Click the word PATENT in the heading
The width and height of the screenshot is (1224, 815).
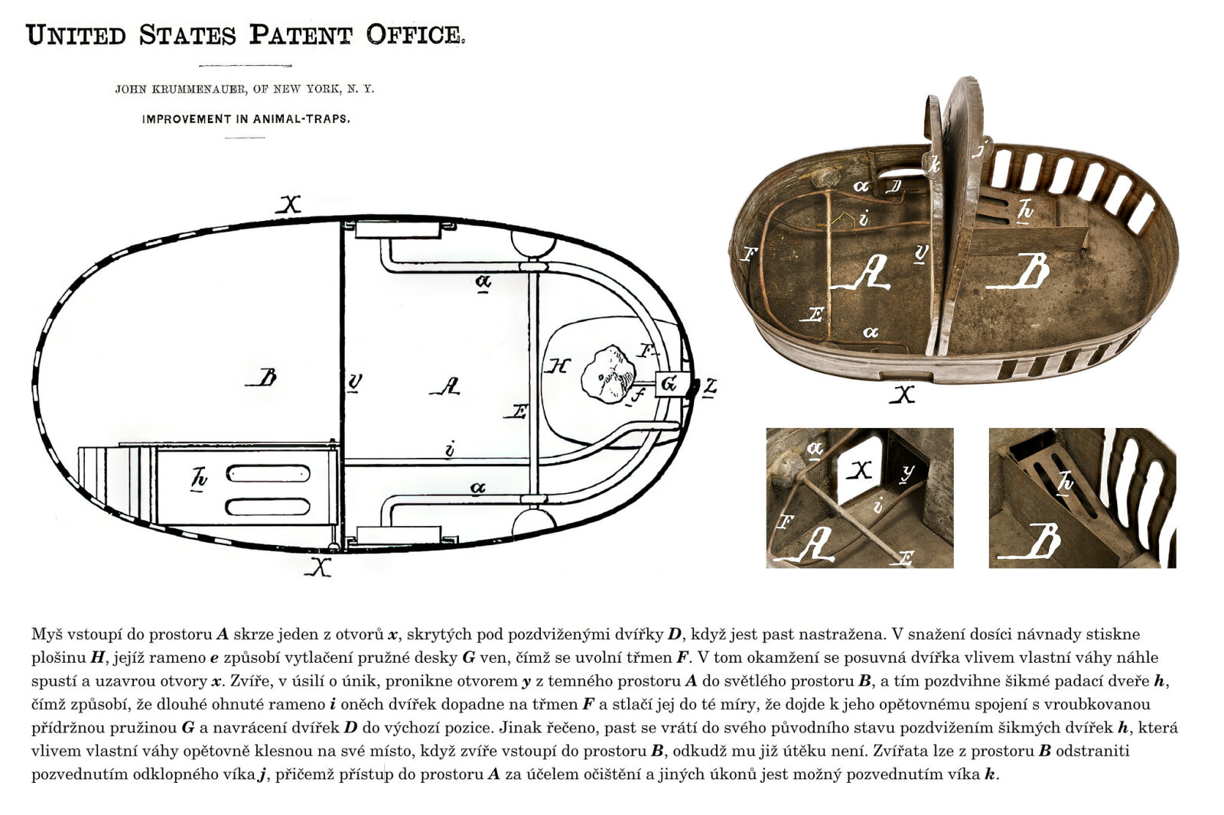[x=301, y=35]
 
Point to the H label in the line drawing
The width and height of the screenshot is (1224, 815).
[x=558, y=366]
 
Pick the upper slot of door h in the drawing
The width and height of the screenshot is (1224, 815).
[x=268, y=473]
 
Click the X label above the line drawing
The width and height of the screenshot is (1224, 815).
[x=289, y=205]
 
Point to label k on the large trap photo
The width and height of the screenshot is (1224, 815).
[x=934, y=164]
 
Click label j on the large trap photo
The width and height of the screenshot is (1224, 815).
[x=981, y=149]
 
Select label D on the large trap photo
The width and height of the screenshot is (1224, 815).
[x=894, y=187]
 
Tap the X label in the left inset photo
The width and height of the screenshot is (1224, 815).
[x=861, y=469]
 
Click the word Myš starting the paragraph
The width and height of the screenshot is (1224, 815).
[x=45, y=635]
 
